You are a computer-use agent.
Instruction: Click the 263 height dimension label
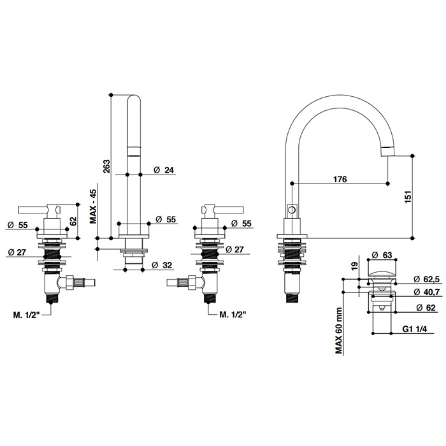pyautogui.click(x=106, y=166)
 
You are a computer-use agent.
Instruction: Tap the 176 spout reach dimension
pyautogui.click(x=340, y=179)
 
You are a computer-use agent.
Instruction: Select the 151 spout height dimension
pyautogui.click(x=408, y=196)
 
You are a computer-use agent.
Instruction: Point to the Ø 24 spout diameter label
pyautogui.click(x=164, y=170)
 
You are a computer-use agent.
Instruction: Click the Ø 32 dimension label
pyautogui.click(x=162, y=265)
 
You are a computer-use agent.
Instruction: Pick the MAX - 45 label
pyautogui.click(x=93, y=206)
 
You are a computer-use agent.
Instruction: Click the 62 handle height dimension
pyautogui.click(x=73, y=221)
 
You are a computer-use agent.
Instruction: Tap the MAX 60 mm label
pyautogui.click(x=338, y=331)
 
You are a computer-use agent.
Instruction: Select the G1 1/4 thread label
pyautogui.click(x=414, y=329)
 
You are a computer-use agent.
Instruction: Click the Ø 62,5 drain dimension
pyautogui.click(x=426, y=279)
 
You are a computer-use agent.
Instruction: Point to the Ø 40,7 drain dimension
pyautogui.click(x=427, y=292)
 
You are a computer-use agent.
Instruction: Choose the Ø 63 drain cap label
pyautogui.click(x=382, y=255)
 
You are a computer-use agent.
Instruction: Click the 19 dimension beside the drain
pyautogui.click(x=354, y=266)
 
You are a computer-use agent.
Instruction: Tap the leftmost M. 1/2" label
pyautogui.click(x=26, y=315)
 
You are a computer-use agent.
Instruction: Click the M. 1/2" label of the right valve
pyautogui.click(x=233, y=314)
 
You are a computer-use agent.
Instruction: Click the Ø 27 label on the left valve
pyautogui.click(x=17, y=252)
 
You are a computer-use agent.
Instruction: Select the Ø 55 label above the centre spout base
pyautogui.click(x=166, y=219)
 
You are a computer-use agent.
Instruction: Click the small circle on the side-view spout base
pyautogui.click(x=292, y=210)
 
